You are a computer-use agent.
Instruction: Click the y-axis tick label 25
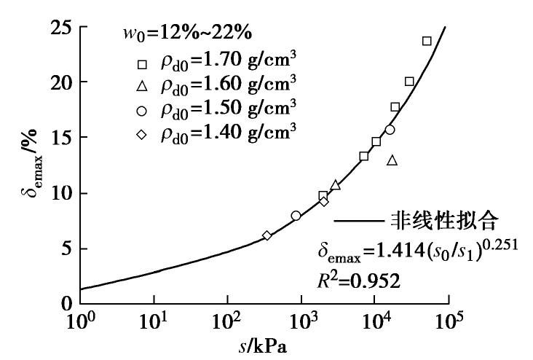pyautogui.click(x=60, y=28)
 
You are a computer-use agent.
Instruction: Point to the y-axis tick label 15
pyautogui.click(x=60, y=138)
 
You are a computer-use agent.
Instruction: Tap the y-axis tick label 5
pyautogui.click(x=64, y=249)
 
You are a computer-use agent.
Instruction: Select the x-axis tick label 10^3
pyautogui.click(x=302, y=321)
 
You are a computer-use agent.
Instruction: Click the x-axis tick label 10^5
pyautogui.click(x=449, y=321)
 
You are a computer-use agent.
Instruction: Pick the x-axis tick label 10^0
pyautogui.click(x=81, y=321)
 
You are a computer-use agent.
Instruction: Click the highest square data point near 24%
pyautogui.click(x=427, y=41)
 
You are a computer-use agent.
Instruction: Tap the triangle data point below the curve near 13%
pyautogui.click(x=392, y=160)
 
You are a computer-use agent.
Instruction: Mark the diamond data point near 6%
pyautogui.click(x=267, y=235)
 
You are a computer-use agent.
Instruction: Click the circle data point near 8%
pyautogui.click(x=296, y=216)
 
